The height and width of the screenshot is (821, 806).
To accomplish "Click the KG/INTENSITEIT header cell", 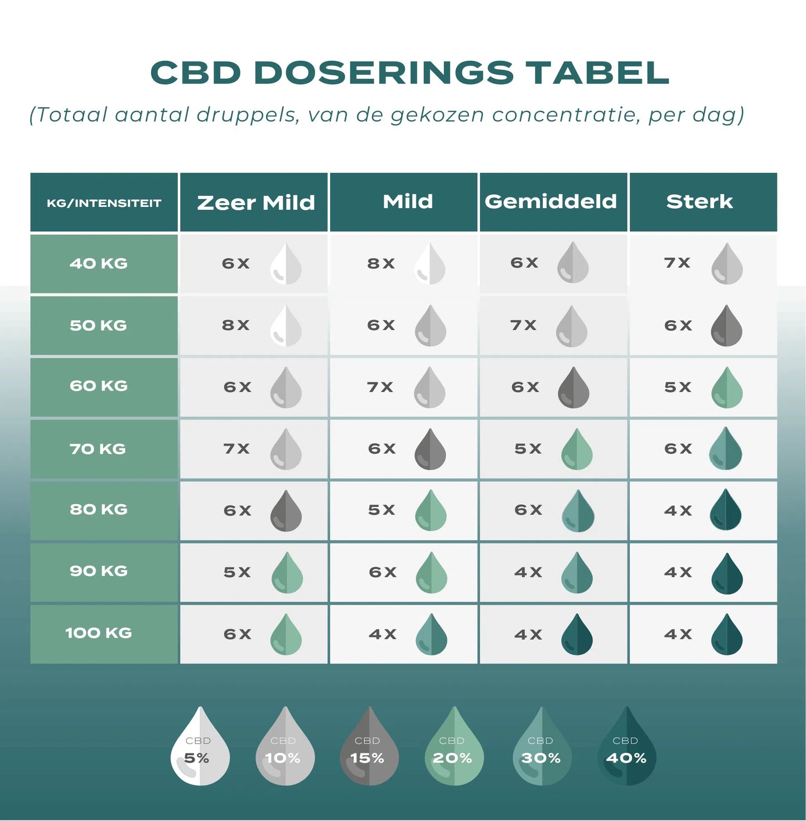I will (x=104, y=203).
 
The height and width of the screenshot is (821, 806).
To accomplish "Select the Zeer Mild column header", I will (x=255, y=202).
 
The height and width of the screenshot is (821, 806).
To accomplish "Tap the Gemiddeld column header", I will (x=551, y=201).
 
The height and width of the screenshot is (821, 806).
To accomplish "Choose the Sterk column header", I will (x=699, y=201).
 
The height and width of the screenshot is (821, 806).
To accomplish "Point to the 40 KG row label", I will (x=99, y=263).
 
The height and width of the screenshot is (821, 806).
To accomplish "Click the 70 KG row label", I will (x=98, y=449).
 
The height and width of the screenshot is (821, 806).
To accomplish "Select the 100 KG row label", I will (x=99, y=633).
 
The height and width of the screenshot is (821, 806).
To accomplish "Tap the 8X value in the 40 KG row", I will (x=381, y=263).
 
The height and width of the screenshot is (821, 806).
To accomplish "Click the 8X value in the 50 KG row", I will (x=236, y=325).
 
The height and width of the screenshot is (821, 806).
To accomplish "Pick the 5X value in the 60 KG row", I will (x=678, y=387).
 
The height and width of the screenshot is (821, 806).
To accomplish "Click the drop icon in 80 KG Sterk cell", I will (x=726, y=510).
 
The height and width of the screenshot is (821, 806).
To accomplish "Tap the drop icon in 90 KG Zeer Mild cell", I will (x=287, y=573).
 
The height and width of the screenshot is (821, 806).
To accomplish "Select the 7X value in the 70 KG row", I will (x=237, y=449).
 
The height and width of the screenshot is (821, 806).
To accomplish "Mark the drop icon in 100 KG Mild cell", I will (x=431, y=635).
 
